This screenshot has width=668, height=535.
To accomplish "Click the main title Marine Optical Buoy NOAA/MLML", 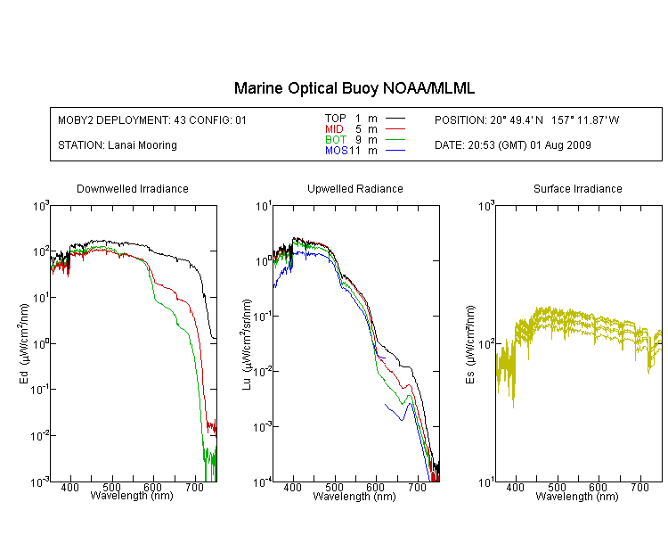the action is point(354,88).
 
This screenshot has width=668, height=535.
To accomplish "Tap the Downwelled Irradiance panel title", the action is point(133,188).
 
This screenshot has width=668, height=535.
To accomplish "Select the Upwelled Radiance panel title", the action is point(355,188).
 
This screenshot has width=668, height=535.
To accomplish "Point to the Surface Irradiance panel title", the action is point(578,188).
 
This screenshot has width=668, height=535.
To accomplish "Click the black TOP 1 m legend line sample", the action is point(395,119).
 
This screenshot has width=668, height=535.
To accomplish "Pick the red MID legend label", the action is point(334,128).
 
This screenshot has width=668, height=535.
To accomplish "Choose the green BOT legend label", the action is point(336,139).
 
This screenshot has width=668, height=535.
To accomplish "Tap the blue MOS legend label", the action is point(337,150).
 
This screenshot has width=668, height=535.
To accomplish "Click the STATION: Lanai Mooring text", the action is point(118,145).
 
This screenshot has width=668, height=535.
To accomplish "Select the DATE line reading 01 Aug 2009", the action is point(512,145).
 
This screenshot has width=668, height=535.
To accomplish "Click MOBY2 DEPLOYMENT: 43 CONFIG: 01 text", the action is point(152,119).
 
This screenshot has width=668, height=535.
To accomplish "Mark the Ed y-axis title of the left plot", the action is point(24,343).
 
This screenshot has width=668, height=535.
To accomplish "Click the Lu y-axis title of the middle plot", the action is point(247,344).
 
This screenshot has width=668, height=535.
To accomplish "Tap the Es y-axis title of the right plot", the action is point(470,344).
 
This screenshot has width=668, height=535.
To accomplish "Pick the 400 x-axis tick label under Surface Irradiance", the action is point(515,487).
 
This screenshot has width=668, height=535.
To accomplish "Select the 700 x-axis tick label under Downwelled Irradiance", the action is point(195,487).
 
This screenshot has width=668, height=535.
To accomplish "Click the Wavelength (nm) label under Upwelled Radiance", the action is point(354,497).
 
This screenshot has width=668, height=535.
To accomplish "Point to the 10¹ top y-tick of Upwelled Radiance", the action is point(264,207).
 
